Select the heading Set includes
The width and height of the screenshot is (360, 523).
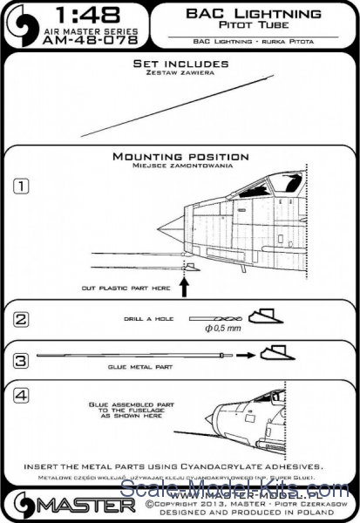(x=180, y=65)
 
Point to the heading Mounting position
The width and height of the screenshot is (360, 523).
(x=180, y=156)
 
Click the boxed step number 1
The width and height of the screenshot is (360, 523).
(x=20, y=186)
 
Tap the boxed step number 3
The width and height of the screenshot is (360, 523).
(x=20, y=357)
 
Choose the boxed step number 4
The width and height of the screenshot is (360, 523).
(x=20, y=393)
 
